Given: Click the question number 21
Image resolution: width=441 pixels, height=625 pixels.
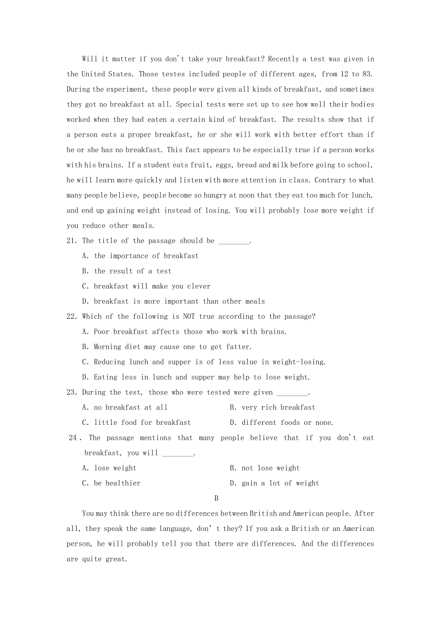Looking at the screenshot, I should click(72, 241).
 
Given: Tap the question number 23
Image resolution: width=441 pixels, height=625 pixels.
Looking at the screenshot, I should click(72, 393).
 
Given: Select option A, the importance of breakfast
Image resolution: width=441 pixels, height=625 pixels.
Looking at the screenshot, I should click(146, 256).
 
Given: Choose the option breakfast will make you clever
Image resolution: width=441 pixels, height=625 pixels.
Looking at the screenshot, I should click(152, 287).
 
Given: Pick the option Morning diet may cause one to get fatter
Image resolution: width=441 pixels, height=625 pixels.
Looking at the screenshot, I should click(172, 347).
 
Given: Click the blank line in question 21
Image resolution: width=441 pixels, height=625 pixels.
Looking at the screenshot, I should click(234, 242).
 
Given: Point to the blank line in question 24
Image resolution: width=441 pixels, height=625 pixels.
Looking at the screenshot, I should click(178, 454).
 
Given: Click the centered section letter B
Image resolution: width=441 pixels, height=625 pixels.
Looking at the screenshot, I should click(216, 499).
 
